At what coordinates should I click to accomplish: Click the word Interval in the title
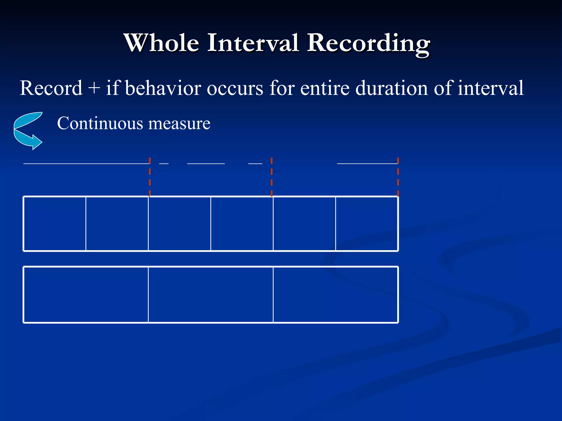pos(253,43)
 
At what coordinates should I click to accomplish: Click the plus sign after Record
pos(94,88)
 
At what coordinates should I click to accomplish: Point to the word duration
pos(392,88)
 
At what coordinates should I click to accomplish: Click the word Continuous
pos(100,123)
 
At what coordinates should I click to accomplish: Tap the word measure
pos(179,124)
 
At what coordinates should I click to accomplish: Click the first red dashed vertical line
pos(150,177)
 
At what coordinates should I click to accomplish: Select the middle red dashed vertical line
pos(271,177)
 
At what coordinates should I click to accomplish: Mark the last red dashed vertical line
pos(398,177)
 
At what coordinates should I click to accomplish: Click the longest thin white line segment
pos(86,164)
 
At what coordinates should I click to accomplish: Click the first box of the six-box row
pos(55,224)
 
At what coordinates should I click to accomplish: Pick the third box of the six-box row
pos(179,224)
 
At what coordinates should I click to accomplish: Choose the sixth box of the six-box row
pos(367,224)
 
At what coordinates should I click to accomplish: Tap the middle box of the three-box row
pos(210,295)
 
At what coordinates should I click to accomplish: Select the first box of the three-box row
pos(86,295)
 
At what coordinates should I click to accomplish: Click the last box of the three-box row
pos(335,295)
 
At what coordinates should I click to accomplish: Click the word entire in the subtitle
pos(325,88)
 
